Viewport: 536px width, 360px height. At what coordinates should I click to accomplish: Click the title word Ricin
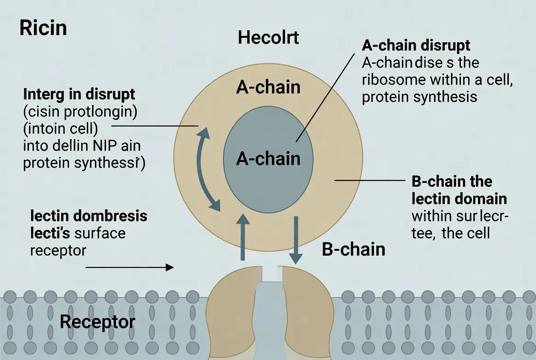pos(43,28)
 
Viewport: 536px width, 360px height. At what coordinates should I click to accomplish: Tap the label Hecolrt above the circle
pos(268,38)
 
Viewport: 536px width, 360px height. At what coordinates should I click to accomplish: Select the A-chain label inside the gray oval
pos(268,158)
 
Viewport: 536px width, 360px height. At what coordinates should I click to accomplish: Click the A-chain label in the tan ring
pos(268,87)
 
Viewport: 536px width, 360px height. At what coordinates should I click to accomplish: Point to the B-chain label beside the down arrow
pos(353,249)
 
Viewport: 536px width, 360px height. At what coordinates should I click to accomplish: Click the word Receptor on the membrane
pos(98,321)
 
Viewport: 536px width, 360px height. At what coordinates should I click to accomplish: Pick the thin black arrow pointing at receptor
pos(130,267)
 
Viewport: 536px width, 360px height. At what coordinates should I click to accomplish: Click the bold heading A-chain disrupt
pos(416,46)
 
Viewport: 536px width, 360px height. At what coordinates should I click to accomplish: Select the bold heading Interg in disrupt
pos(79,95)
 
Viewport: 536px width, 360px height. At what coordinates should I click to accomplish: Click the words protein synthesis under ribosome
pos(419,97)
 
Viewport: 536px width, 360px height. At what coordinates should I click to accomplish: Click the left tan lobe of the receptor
pos(229,303)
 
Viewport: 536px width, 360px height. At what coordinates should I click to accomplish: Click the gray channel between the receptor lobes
pos(268,317)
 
